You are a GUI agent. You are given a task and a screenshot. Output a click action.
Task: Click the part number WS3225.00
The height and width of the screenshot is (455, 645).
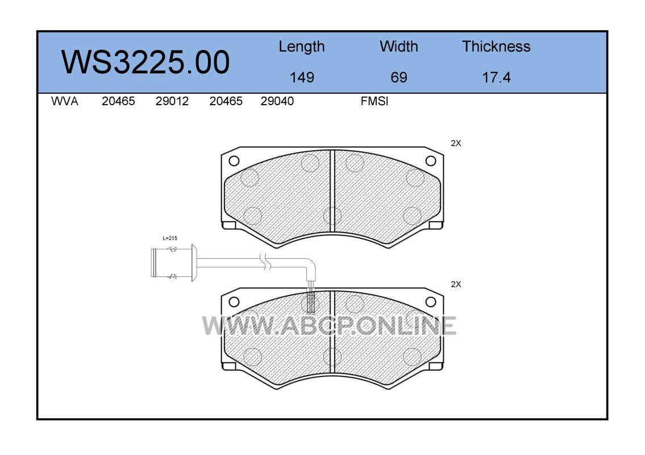(x=145, y=62)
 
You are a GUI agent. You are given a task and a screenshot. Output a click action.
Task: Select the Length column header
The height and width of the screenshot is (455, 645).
(x=302, y=47)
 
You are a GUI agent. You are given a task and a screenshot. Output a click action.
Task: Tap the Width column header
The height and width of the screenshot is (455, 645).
(x=398, y=46)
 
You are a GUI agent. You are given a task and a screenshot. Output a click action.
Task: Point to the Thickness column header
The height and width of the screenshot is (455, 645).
(x=496, y=46)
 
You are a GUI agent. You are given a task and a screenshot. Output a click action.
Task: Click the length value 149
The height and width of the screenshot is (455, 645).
(x=302, y=77)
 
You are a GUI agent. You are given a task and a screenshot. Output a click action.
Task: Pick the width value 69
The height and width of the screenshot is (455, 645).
(x=398, y=77)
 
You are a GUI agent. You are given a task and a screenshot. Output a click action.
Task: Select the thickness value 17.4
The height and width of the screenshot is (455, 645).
(x=496, y=77)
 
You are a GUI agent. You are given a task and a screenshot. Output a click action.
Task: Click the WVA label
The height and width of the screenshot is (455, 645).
(x=65, y=101)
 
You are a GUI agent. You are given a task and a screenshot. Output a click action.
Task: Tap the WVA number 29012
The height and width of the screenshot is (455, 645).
(x=172, y=101)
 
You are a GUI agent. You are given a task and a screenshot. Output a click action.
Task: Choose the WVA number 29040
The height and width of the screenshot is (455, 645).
(x=277, y=101)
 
